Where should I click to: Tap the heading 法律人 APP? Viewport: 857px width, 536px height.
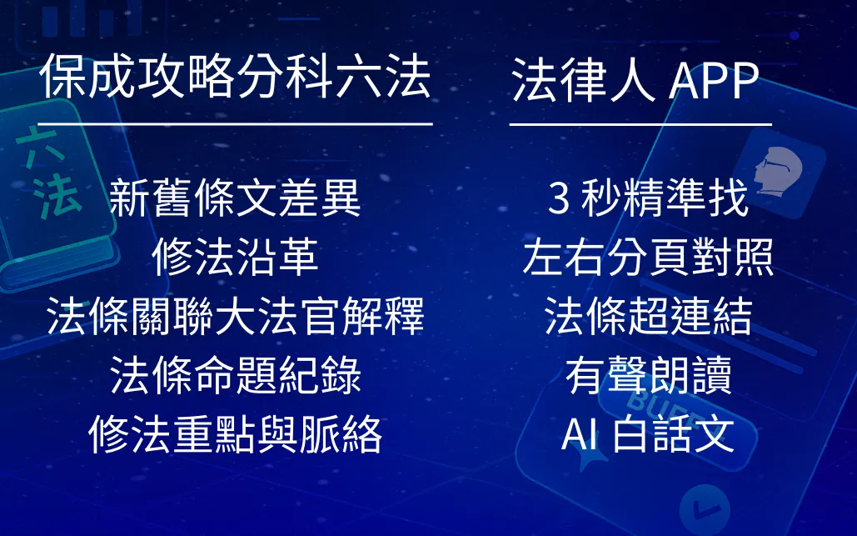pyautogui.click(x=635, y=80)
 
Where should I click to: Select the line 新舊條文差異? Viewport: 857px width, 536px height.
pyautogui.click(x=236, y=198)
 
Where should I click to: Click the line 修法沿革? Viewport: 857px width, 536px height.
pyautogui.click(x=236, y=257)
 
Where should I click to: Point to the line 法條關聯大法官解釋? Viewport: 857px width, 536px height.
pyautogui.click(x=236, y=316)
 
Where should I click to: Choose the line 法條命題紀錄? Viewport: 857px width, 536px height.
pyautogui.click(x=236, y=375)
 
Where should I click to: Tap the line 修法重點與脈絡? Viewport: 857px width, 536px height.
pyautogui.click(x=236, y=434)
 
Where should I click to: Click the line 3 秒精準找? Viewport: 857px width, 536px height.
pyautogui.click(x=648, y=198)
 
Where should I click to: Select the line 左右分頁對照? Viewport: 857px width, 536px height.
pyautogui.click(x=648, y=257)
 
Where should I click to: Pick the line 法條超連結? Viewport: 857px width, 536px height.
pyautogui.click(x=648, y=316)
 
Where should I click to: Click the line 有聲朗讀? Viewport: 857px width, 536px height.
pyautogui.click(x=648, y=375)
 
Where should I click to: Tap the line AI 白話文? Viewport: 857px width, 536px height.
pyautogui.click(x=648, y=434)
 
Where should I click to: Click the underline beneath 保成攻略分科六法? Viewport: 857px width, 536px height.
pyautogui.click(x=236, y=124)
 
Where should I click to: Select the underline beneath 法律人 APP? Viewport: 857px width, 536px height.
pyautogui.click(x=640, y=125)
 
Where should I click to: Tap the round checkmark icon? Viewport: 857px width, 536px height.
pyautogui.click(x=705, y=509)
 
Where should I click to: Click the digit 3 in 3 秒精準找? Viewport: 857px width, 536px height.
pyautogui.click(x=558, y=199)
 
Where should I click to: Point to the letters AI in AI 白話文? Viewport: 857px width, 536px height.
pyautogui.click(x=579, y=435)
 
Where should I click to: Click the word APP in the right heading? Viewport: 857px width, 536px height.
pyautogui.click(x=714, y=81)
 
